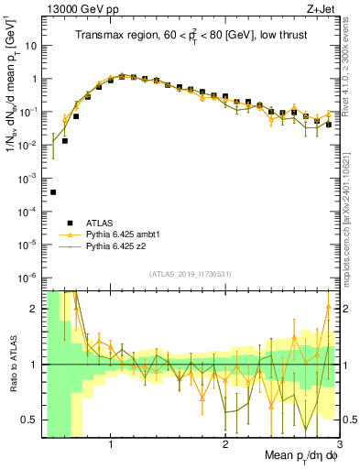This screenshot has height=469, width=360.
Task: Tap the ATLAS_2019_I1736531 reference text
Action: (190, 275)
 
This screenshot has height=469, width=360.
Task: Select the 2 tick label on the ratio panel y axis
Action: (38, 309)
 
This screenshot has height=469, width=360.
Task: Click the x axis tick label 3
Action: (339, 444)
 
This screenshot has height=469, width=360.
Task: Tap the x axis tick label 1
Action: (111, 444)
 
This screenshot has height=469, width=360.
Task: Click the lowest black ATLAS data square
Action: (53, 192)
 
